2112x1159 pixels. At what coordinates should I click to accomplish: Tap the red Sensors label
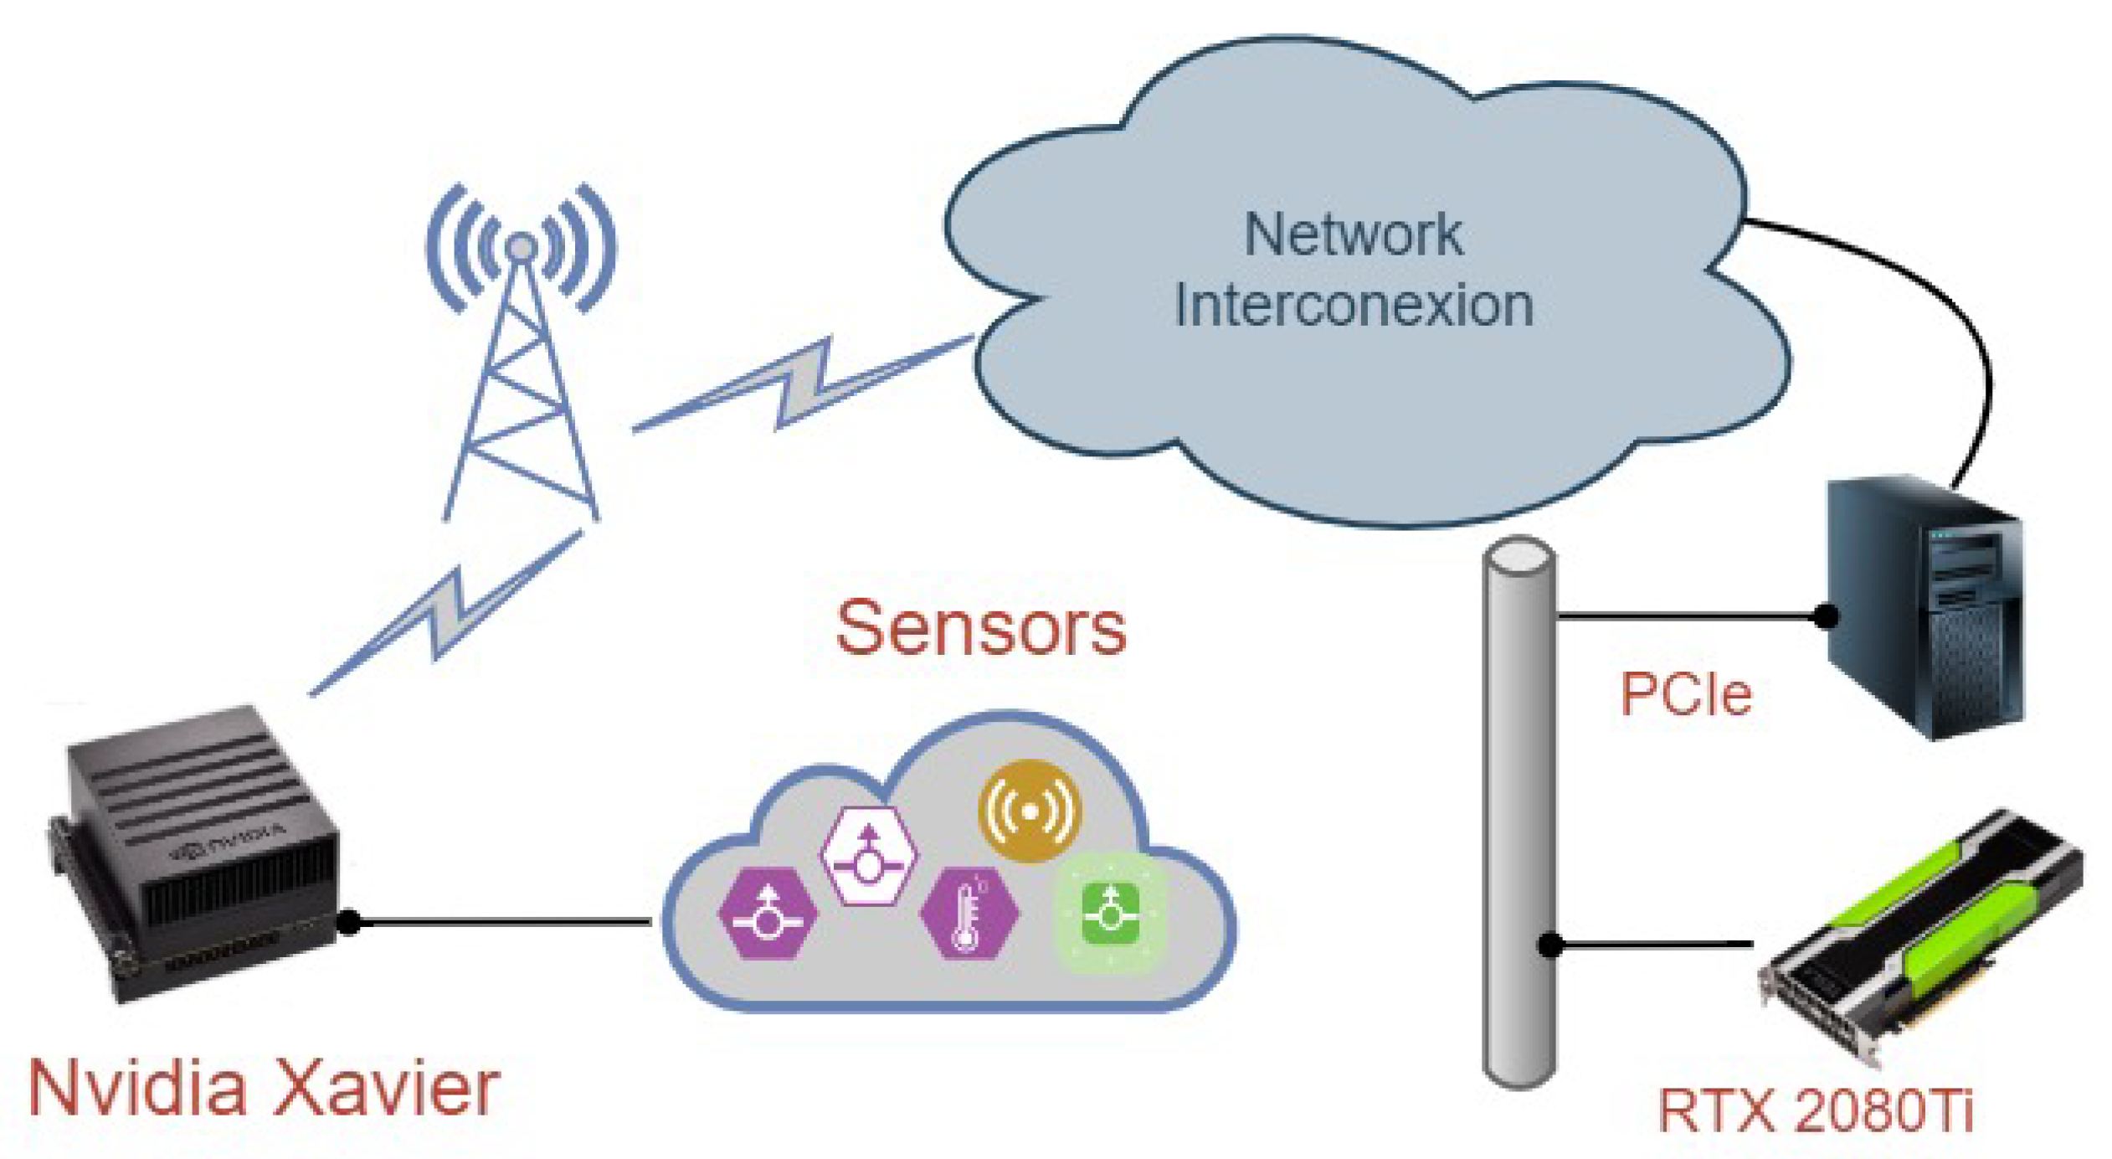point(980,628)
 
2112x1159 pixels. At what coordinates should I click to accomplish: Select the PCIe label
point(1684,693)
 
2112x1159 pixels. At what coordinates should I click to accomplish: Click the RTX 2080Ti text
point(1815,1110)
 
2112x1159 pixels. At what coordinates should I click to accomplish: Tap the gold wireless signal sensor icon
point(1029,811)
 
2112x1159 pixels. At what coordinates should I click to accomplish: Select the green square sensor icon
point(1110,913)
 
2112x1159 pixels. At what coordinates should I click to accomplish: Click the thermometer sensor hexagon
point(968,913)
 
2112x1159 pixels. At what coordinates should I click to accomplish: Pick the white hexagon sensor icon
point(868,855)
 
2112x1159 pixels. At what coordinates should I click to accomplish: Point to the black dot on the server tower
point(1826,616)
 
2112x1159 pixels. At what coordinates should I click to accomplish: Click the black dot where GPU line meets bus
point(1549,945)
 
